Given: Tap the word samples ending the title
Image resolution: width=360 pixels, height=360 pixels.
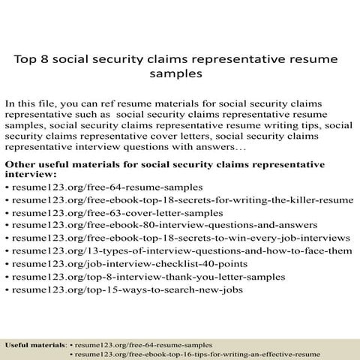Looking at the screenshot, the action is tap(178, 75).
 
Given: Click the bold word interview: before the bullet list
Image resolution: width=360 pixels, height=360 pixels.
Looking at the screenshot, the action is tap(31, 174).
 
